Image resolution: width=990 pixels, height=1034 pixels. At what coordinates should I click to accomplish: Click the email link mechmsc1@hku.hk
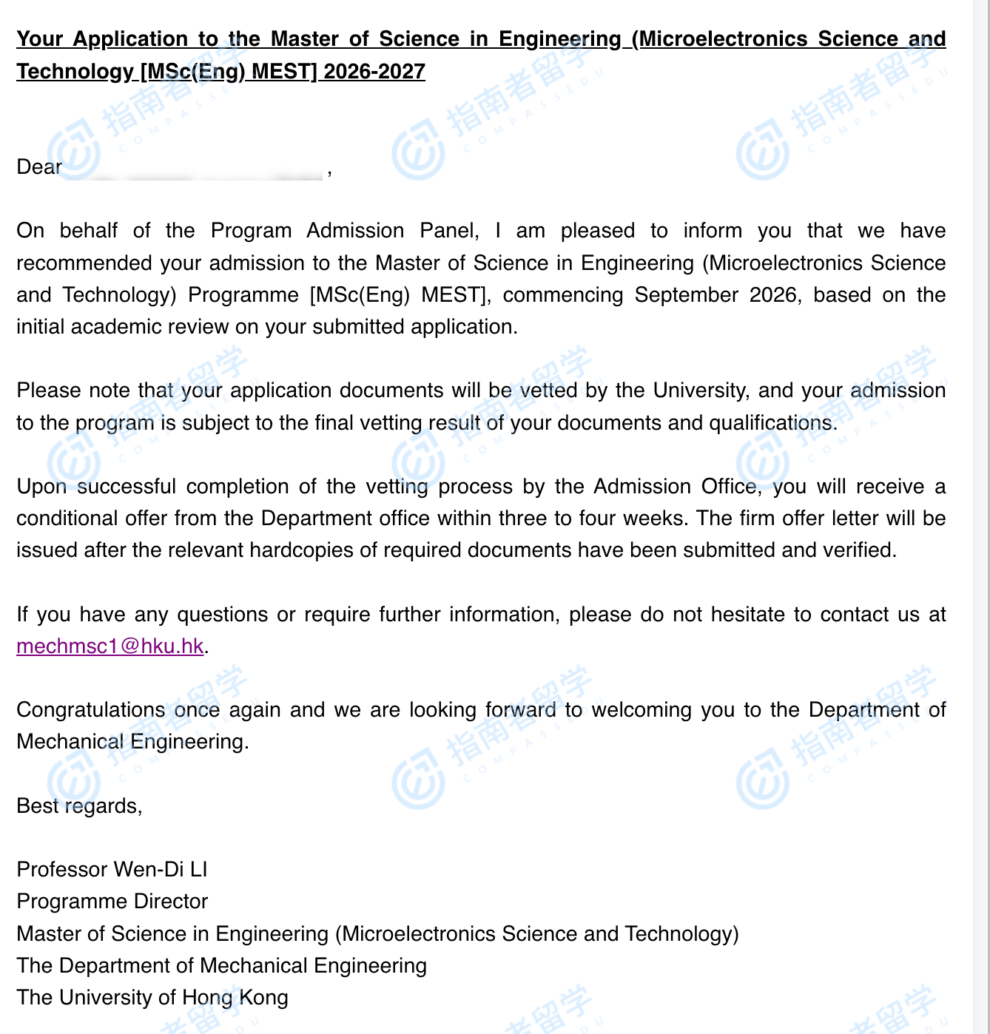[110, 646]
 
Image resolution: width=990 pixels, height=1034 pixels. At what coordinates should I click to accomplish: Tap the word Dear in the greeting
[39, 166]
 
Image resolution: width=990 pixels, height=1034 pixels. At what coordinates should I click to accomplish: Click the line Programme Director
[112, 901]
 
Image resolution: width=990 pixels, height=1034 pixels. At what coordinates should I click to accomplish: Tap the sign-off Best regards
[79, 805]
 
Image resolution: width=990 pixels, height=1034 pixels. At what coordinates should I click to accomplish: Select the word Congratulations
[90, 709]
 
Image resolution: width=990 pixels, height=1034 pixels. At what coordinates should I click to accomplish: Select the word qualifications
[772, 422]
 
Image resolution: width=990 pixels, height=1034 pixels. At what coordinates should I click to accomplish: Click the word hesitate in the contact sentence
[744, 614]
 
